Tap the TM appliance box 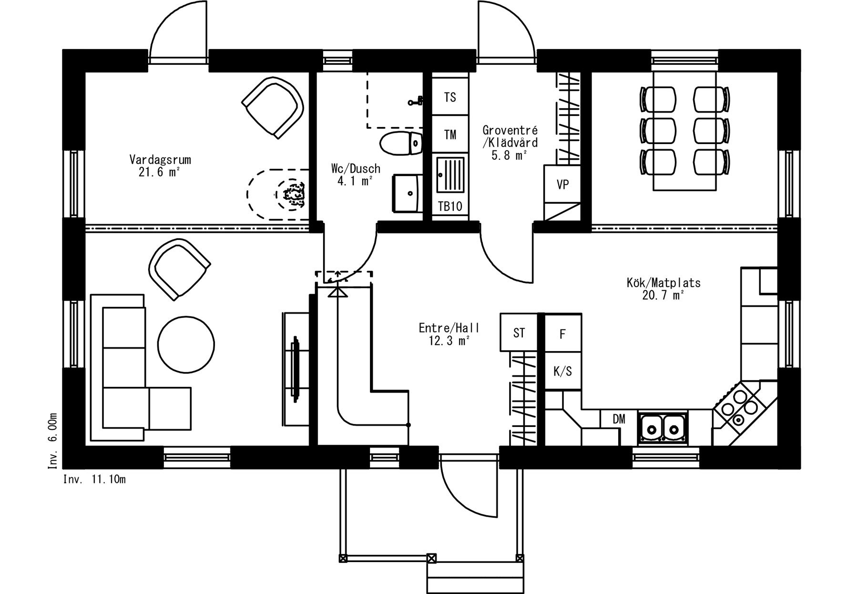click(450, 134)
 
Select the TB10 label click(450, 207)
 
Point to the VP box click(562, 184)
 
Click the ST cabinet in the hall click(519, 332)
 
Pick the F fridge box click(563, 333)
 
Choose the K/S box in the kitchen click(563, 371)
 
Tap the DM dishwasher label click(619, 419)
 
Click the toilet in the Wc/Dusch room click(402, 143)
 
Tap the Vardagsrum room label click(160, 159)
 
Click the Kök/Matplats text click(664, 283)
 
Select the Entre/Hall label click(449, 328)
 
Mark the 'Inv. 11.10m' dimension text click(94, 479)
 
